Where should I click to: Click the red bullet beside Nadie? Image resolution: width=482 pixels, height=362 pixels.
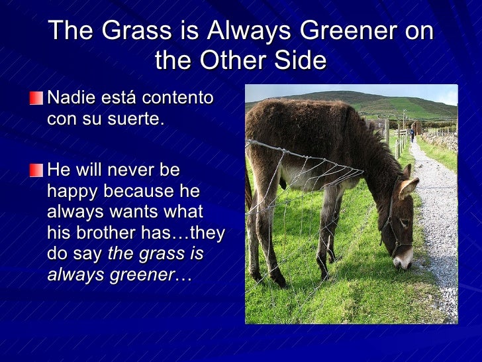(36, 99)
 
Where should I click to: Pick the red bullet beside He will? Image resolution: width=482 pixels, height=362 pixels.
(36, 170)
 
